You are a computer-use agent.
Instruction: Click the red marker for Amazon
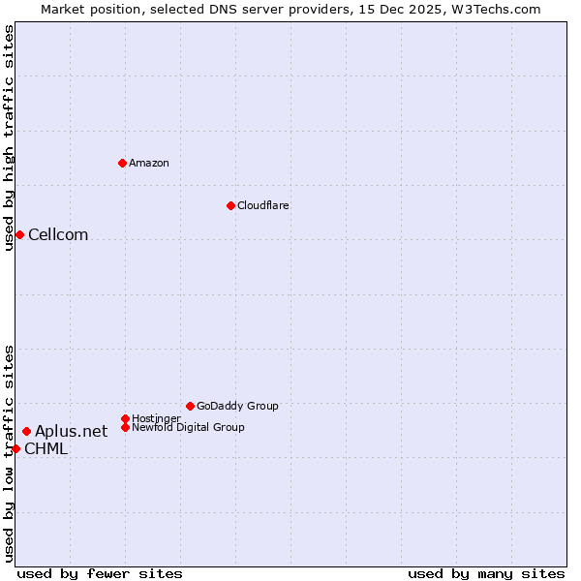point(122,163)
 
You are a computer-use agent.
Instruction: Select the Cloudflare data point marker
point(230,205)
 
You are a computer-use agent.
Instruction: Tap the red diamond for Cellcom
point(19,234)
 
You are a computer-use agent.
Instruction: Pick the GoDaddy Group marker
point(190,406)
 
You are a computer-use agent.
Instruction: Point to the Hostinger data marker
point(125,418)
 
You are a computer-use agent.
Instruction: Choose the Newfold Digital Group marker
point(125,427)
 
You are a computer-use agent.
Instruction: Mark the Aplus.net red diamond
point(26,431)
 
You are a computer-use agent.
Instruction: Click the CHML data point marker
point(15,448)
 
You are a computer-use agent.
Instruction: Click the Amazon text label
point(149,163)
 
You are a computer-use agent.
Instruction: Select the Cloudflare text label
point(263,205)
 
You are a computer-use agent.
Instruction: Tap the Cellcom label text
point(58,234)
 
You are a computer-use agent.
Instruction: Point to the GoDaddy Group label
point(237,406)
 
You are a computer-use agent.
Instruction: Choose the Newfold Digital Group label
point(188,427)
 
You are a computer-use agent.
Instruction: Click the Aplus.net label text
point(72,431)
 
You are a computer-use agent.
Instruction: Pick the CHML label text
point(46,448)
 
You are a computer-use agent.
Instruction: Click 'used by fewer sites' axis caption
point(100,573)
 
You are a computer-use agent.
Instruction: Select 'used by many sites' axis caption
point(486,573)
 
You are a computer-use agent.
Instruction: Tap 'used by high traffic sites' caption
point(9,138)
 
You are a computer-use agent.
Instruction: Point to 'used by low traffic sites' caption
point(9,453)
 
